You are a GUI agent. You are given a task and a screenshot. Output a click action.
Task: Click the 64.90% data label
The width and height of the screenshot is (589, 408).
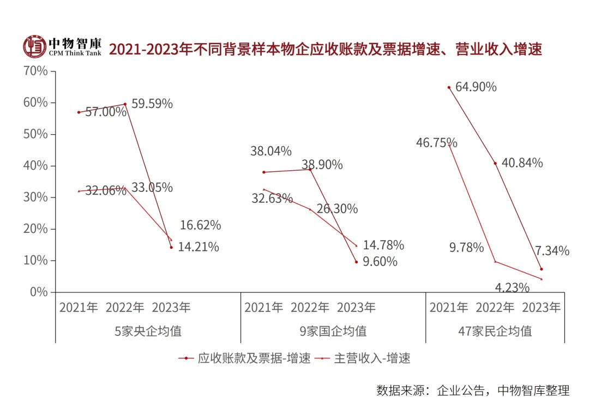coord(476,86)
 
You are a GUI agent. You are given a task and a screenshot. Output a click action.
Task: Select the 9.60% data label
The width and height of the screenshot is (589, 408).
coord(380,261)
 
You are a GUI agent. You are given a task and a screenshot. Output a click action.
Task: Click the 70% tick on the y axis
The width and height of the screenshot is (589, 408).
coord(35,71)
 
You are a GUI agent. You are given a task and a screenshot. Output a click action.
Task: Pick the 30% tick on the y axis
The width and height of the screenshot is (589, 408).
coord(35,197)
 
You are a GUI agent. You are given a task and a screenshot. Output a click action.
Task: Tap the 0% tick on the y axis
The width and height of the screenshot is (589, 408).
coord(38,292)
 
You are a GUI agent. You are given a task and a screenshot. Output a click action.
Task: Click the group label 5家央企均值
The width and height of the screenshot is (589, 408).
coord(148,331)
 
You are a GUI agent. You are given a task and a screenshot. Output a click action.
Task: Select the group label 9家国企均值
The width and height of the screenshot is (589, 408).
coord(333,331)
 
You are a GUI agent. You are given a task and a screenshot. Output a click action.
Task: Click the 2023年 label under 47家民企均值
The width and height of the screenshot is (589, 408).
coord(542,307)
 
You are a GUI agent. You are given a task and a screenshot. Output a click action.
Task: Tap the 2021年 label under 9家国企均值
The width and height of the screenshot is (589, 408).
coord(264,307)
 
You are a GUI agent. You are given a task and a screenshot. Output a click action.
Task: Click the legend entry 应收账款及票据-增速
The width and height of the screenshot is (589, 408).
coord(245,358)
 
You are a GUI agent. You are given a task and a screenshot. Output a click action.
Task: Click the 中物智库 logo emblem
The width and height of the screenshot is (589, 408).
coord(34,47)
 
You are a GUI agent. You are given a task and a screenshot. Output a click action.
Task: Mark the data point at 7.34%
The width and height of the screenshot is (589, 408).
coord(541,269)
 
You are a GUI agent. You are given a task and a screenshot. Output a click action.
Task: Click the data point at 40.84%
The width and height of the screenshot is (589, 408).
coord(495,163)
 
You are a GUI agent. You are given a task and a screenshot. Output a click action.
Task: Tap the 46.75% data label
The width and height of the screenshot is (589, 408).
coord(436,143)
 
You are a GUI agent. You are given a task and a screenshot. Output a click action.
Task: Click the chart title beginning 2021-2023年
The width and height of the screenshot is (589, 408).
coord(325,49)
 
